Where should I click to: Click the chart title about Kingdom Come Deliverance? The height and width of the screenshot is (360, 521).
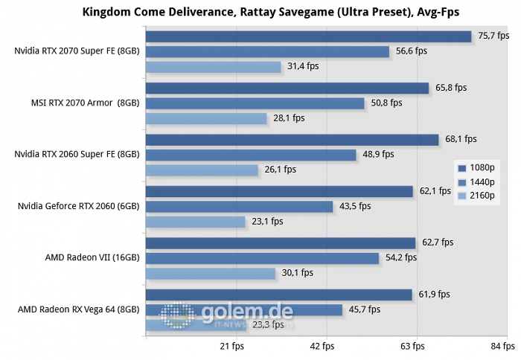[x=260, y=11]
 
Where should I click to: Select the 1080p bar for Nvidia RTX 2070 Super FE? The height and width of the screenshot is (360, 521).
[x=308, y=36]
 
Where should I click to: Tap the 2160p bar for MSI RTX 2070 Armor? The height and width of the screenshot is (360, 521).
[x=205, y=118]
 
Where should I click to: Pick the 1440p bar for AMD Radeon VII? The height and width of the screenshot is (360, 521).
[x=262, y=258]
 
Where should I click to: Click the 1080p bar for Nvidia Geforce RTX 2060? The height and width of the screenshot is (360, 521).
[x=278, y=191]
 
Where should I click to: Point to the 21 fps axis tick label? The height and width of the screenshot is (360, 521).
[x=232, y=346]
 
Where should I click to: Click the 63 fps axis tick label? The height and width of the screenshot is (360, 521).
[x=413, y=346]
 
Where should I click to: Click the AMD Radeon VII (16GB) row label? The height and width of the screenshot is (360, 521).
[x=92, y=257]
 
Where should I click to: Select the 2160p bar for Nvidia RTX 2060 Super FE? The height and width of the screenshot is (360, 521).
[x=201, y=170]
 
